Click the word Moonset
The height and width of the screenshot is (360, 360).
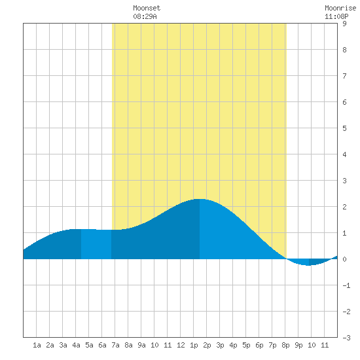147,8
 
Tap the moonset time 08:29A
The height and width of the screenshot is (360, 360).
145,16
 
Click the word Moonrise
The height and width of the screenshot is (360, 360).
340,8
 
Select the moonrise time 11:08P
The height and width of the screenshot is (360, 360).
336,16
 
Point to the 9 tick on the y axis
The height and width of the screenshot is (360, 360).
344,24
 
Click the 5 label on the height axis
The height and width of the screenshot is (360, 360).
344,128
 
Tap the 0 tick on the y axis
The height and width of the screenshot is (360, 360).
344,259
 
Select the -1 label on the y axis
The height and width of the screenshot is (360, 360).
346,285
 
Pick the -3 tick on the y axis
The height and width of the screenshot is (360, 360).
346,338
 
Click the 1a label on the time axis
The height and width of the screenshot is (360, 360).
37,345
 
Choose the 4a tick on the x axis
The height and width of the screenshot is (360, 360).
76,345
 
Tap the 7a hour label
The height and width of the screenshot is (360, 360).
115,345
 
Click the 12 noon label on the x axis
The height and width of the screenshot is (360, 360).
181,345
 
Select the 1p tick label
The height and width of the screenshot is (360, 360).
194,345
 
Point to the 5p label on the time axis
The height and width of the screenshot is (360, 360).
246,345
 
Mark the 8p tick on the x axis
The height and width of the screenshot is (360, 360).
285,345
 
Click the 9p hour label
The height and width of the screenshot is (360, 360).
298,345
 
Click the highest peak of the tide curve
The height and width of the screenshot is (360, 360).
199,199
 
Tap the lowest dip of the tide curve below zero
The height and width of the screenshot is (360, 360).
308,265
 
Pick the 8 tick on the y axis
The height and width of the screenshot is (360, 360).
344,50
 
